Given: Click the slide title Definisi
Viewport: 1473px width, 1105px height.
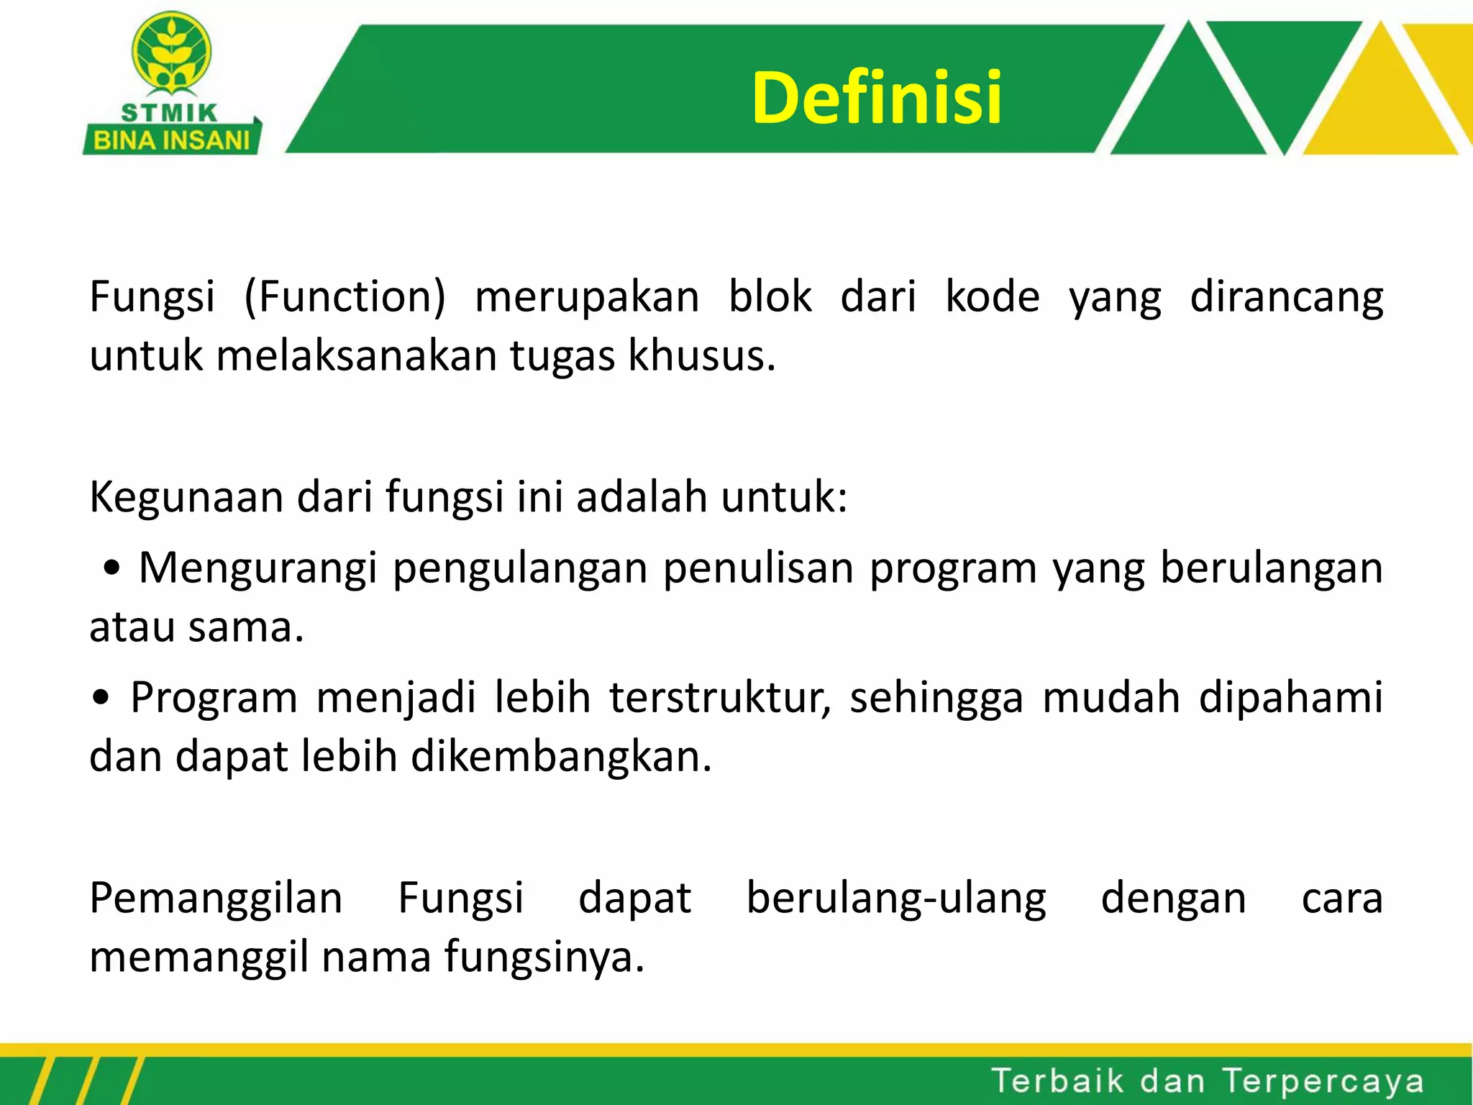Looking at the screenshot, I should pyautogui.click(x=876, y=98).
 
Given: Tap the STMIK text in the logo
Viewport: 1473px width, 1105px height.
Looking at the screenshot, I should pyautogui.click(x=170, y=113).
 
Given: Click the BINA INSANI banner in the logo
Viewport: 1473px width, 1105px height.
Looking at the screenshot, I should pyautogui.click(x=171, y=140).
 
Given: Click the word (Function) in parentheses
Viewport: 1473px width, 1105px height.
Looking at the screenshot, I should pyautogui.click(x=345, y=297).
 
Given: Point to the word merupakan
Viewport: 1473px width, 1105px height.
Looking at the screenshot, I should pyautogui.click(x=587, y=297).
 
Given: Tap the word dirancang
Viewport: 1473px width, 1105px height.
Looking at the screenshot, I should pyautogui.click(x=1286, y=297).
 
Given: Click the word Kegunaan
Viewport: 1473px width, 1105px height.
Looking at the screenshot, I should pyautogui.click(x=186, y=496).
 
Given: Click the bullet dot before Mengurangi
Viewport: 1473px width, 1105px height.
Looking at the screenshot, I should pyautogui.click(x=111, y=569).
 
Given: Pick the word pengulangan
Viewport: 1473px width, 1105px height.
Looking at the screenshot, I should pyautogui.click(x=520, y=568).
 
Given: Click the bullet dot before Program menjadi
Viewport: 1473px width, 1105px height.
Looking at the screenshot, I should pyautogui.click(x=101, y=698).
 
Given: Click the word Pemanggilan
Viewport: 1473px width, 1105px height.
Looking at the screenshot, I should pyautogui.click(x=216, y=899).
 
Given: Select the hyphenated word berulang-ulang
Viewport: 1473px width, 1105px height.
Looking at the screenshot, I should pyautogui.click(x=896, y=899).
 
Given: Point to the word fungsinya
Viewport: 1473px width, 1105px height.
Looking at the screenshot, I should pyautogui.click(x=544, y=958).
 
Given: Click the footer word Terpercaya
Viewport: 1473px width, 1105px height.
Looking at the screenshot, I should pyautogui.click(x=1323, y=1081).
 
